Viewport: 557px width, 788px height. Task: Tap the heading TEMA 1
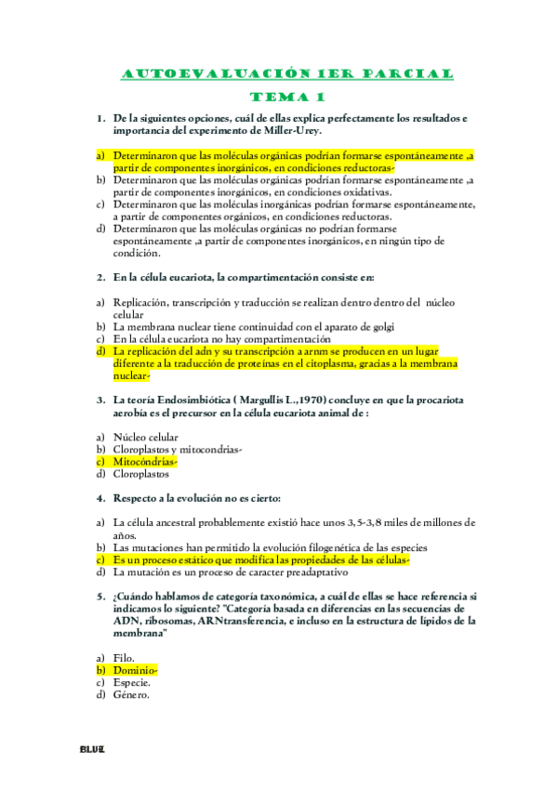pyautogui.click(x=287, y=97)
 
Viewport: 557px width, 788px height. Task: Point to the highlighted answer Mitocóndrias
pyautogui.click(x=144, y=461)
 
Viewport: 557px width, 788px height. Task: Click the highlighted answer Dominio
pyautogui.click(x=135, y=669)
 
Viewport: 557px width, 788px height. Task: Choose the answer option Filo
pyautogui.click(x=126, y=657)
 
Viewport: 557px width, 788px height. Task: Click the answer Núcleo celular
pyautogui.click(x=145, y=437)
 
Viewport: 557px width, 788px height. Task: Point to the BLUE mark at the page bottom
pyautogui.click(x=91, y=749)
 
